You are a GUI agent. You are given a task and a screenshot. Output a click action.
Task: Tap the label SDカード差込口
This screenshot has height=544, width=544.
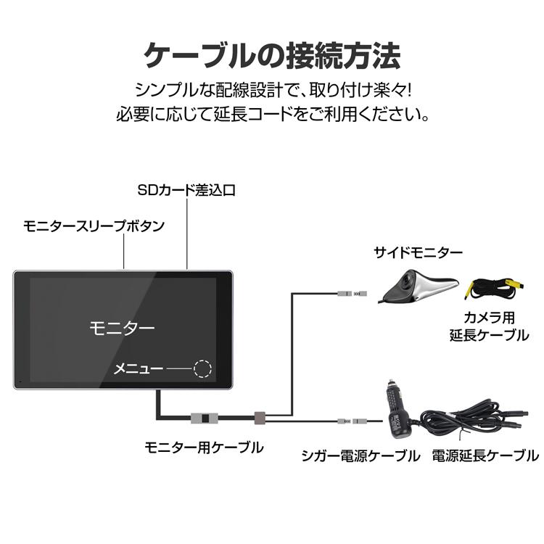click(186, 191)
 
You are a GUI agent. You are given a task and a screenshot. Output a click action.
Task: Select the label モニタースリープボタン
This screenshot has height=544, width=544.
click(92, 226)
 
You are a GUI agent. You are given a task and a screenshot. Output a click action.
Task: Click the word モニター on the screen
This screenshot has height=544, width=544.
click(122, 328)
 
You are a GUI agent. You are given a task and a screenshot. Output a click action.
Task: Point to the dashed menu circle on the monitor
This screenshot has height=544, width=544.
click(203, 368)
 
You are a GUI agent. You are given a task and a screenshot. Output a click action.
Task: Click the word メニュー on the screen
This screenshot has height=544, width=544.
click(138, 369)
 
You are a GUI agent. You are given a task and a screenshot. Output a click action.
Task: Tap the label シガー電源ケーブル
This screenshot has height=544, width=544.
click(360, 456)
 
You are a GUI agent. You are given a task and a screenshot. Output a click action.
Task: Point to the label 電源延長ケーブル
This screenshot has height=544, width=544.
click(485, 456)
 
